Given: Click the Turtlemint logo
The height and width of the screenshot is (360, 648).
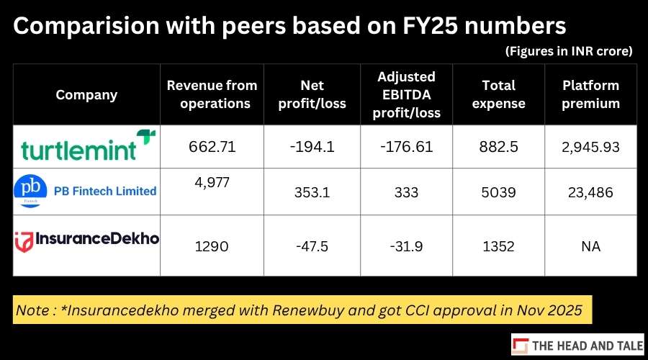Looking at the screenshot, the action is pos(89,145).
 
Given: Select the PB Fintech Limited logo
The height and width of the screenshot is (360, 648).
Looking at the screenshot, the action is pos(85,191).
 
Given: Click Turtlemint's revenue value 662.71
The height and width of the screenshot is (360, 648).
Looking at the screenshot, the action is pos(212,147).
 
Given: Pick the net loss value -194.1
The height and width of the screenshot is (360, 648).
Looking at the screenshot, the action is pos(312,147).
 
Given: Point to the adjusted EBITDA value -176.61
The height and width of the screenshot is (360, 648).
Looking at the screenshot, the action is pos(406,147).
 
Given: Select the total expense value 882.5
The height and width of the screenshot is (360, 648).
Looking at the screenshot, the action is pos(498,147).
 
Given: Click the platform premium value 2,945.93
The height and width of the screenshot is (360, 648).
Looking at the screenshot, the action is pos(590,147).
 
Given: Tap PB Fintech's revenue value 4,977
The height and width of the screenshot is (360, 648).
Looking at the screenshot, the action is pos(212,182).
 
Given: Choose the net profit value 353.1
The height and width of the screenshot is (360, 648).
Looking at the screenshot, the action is pos(312,192).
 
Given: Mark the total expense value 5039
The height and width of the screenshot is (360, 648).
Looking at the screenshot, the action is pos(498,192).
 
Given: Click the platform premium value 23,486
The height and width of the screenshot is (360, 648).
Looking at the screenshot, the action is pos(590,193).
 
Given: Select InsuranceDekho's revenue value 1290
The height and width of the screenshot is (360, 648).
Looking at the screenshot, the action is pos(212,246).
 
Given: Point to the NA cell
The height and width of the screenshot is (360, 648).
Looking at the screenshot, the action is pos(590,246).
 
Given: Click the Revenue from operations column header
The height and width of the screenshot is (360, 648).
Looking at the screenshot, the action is pos(212,94).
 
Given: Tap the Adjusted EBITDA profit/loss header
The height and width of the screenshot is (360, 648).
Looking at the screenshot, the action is pos(406,94).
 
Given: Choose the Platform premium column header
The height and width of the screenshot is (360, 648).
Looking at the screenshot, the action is pos(590,94).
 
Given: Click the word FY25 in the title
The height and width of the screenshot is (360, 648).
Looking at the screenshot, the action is pos(431,26).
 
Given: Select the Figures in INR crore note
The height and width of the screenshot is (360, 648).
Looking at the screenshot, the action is pos(569,51).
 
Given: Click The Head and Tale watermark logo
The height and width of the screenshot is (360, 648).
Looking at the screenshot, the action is pos(577,345).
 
